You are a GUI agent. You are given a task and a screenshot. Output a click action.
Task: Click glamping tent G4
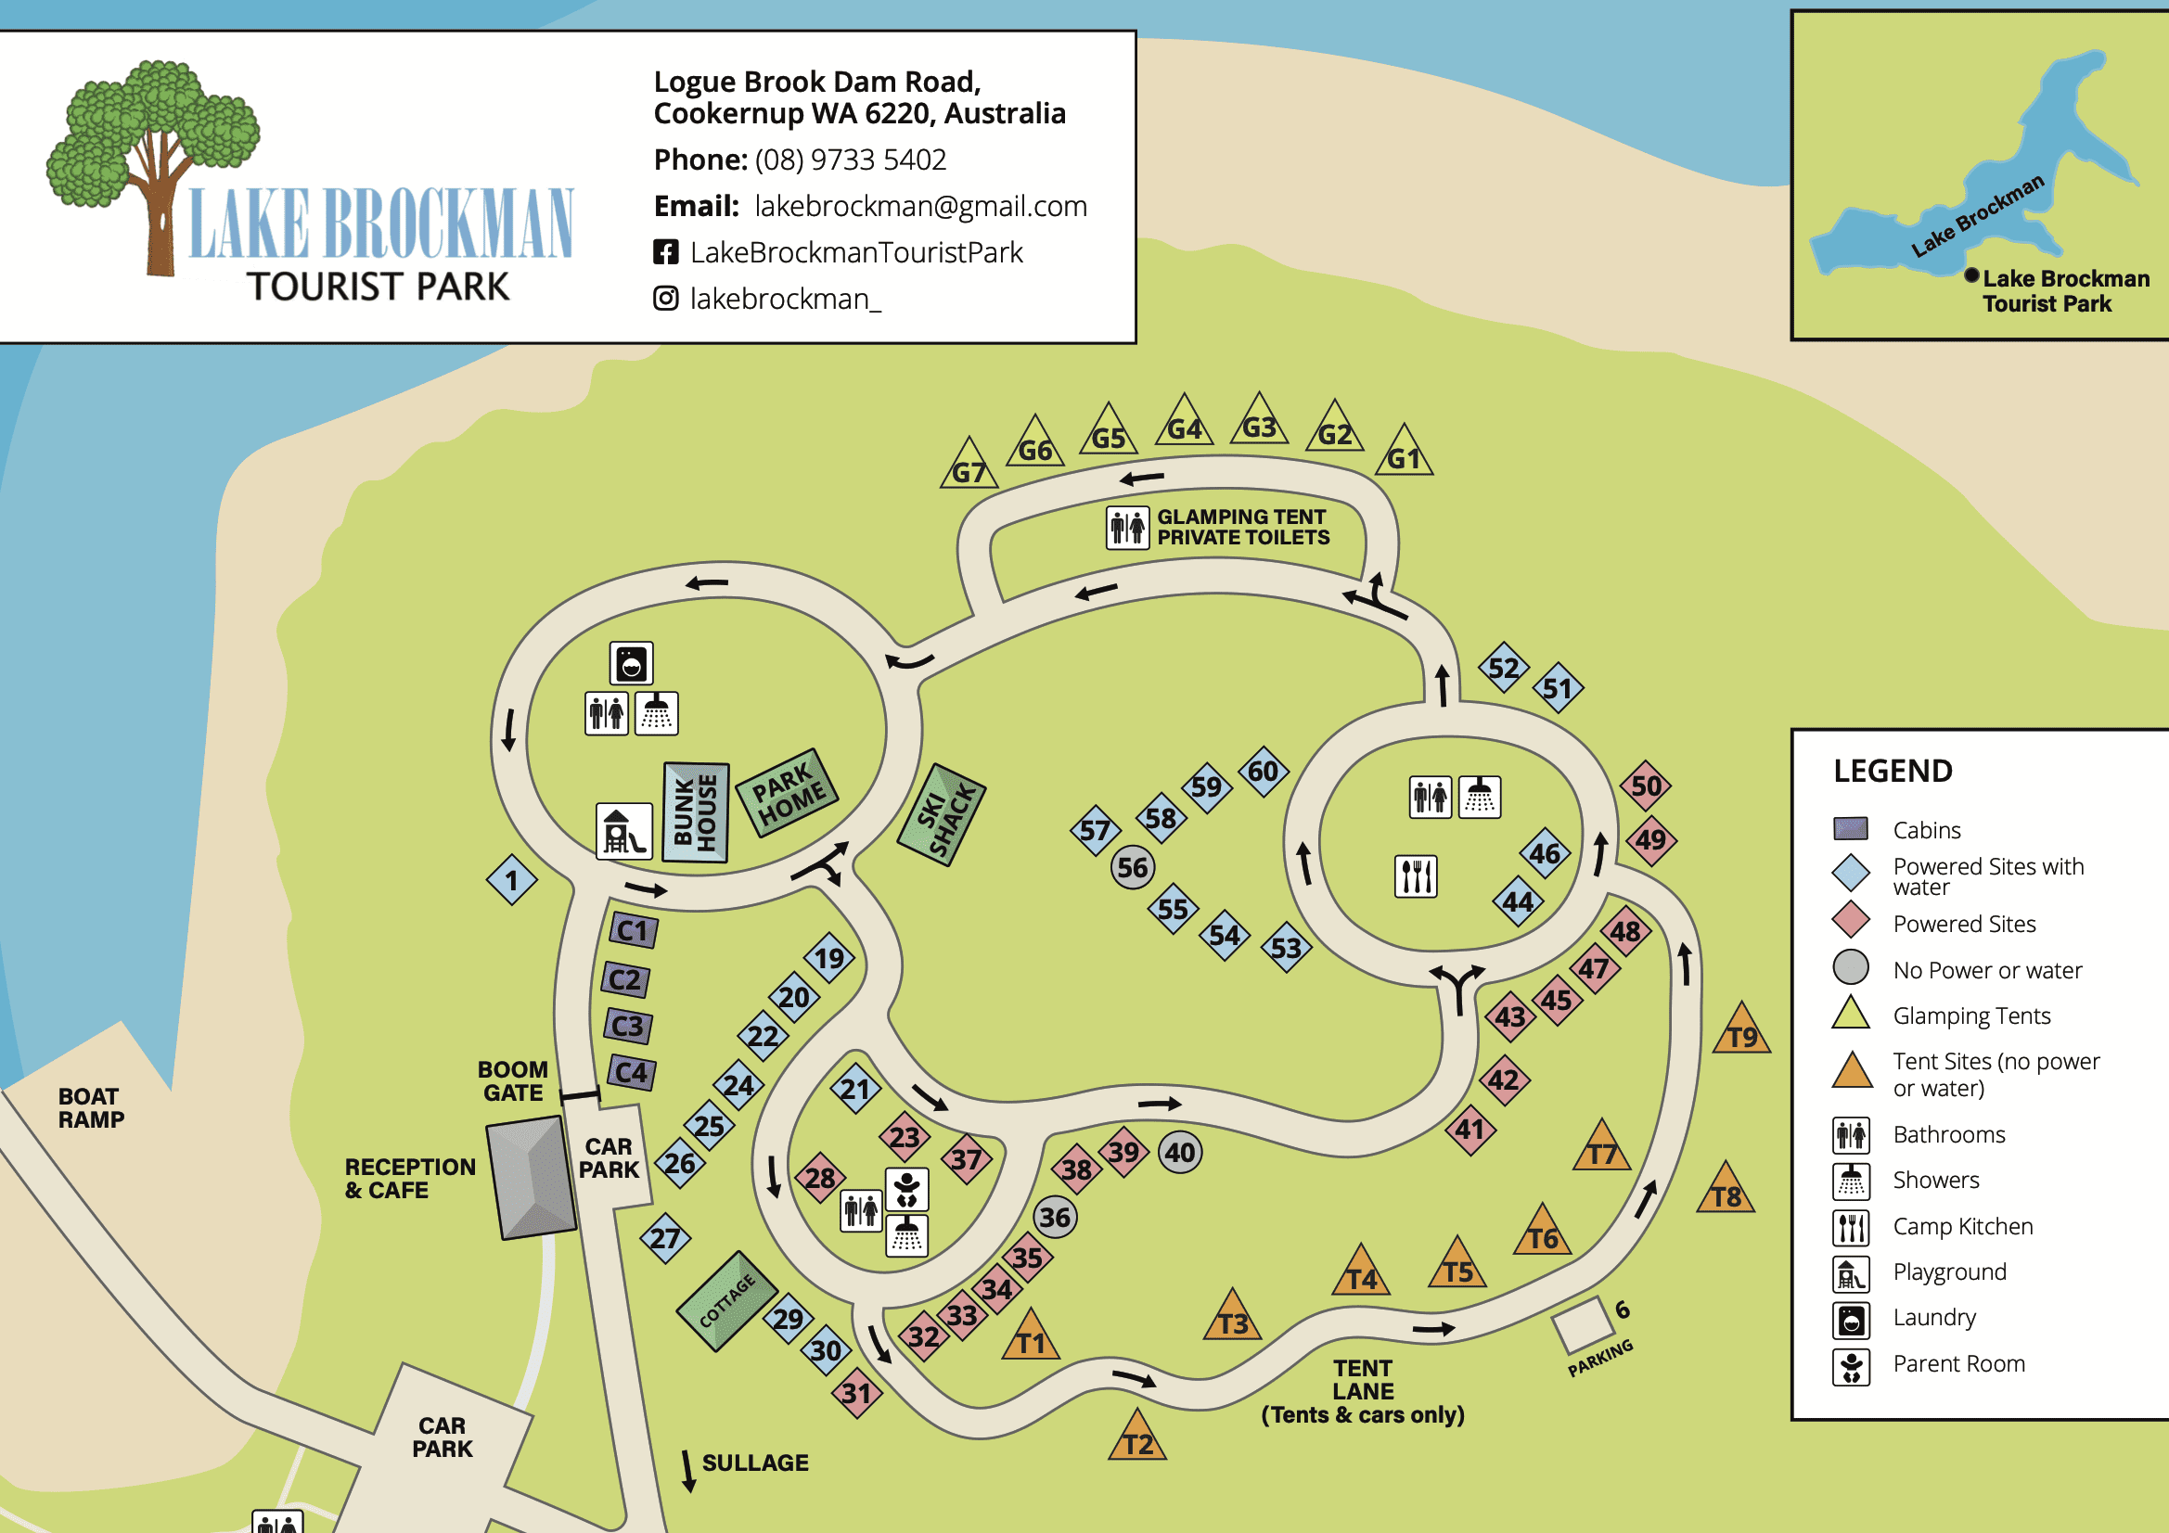pos(1184,424)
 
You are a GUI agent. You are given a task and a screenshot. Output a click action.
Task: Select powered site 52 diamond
pos(1503,668)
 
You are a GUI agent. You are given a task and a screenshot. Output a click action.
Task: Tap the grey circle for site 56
pos(1132,867)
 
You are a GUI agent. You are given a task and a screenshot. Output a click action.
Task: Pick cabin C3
pos(627,1026)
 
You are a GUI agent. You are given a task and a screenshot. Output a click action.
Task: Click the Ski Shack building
pos(940,814)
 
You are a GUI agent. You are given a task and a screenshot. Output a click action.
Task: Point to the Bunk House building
pos(695,812)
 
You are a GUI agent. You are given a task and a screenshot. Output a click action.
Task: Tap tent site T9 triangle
pos(1741,1032)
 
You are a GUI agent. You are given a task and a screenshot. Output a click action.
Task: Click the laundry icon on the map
pos(631,663)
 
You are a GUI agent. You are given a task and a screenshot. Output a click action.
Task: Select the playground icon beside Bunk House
pos(623,831)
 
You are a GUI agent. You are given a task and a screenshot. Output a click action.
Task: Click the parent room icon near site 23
pos(907,1189)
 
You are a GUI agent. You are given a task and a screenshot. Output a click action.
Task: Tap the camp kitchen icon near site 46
pos(1415,875)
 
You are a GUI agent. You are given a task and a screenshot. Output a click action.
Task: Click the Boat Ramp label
pos(91,1107)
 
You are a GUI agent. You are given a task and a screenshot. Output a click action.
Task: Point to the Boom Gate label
pos(512,1080)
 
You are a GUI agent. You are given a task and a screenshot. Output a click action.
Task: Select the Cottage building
pos(726,1299)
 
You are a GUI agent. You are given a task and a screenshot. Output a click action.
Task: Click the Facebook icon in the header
pos(666,252)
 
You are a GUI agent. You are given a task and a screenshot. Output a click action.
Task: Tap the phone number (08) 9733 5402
pos(849,160)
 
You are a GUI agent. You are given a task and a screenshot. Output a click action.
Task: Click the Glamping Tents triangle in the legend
pos(1851,1015)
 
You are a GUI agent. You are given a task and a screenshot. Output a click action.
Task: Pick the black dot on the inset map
pos(1970,275)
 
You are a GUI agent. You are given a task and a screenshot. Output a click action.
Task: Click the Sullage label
pos(755,1463)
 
